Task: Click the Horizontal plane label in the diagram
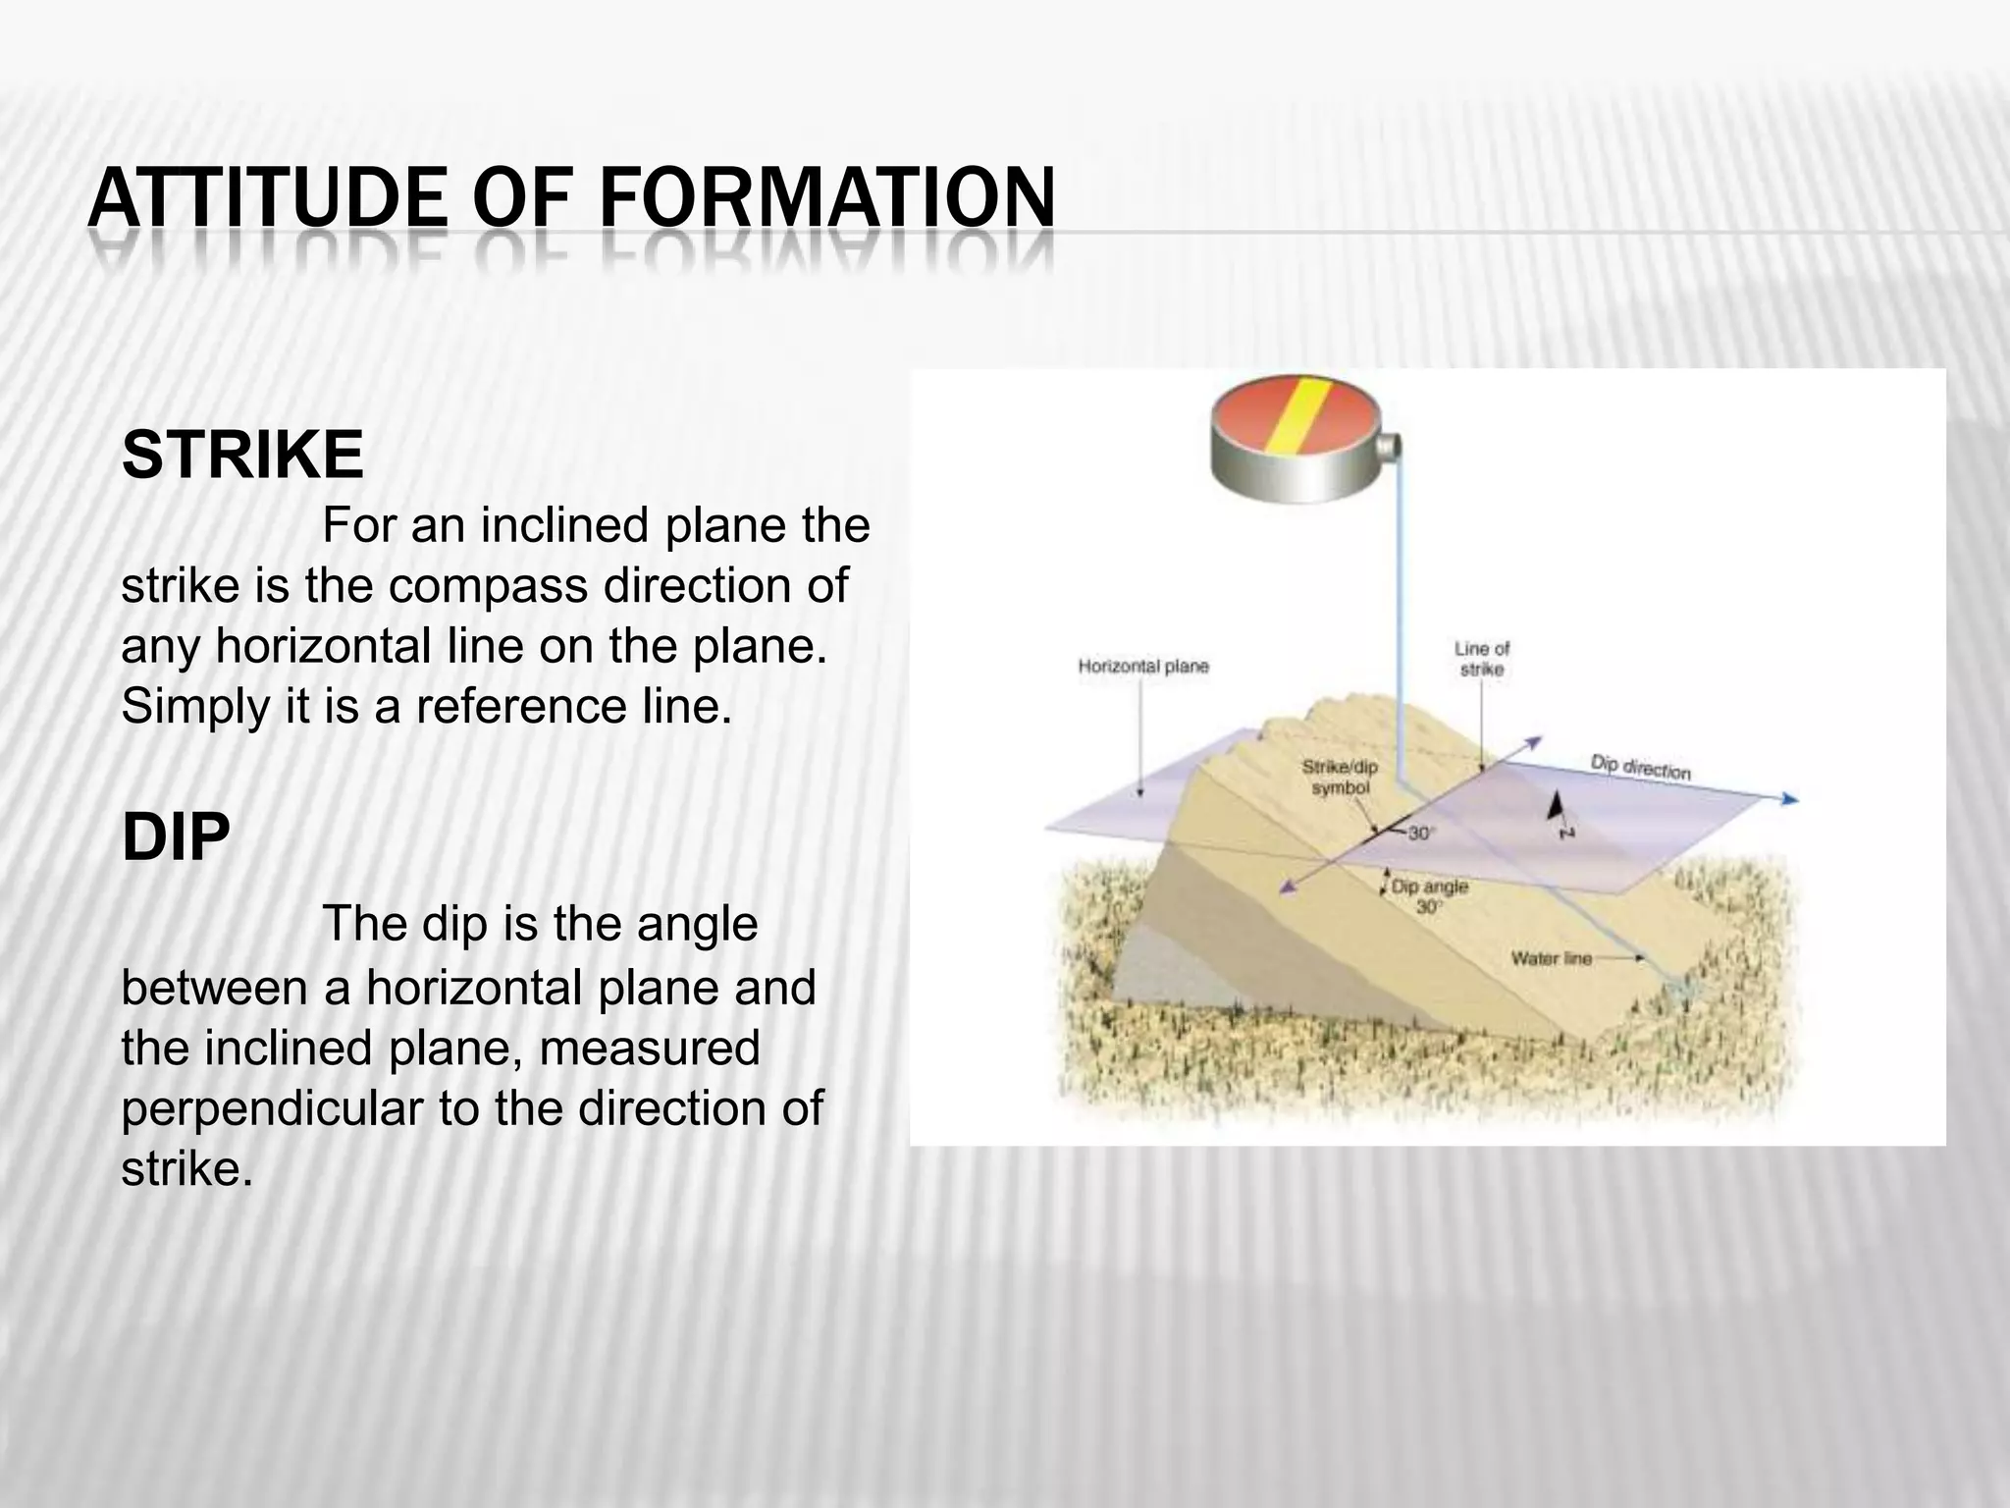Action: [x=1143, y=667]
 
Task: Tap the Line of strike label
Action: [x=1481, y=658]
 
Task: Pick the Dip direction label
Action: [x=1640, y=768]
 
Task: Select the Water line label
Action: [x=1552, y=957]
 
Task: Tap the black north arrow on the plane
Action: [x=1556, y=807]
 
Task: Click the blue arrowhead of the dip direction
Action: [x=1790, y=799]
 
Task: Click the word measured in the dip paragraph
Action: [x=649, y=1048]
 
